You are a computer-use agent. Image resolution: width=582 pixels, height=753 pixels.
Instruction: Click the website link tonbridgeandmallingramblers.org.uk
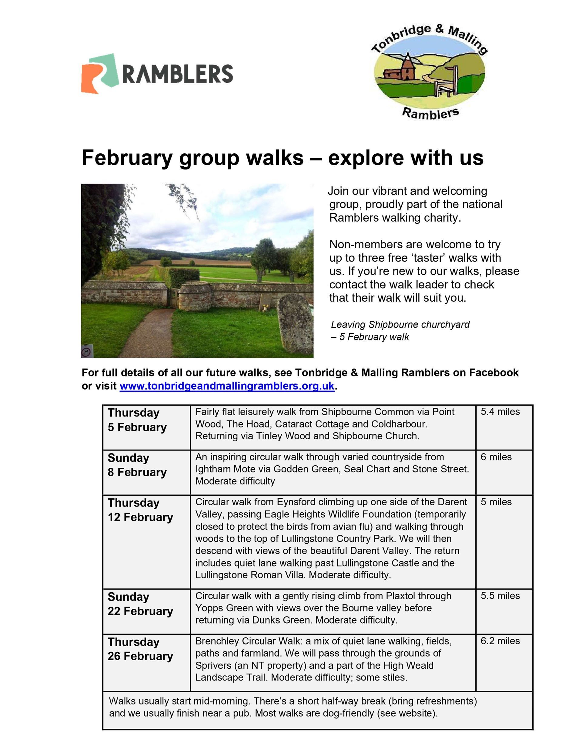click(x=227, y=386)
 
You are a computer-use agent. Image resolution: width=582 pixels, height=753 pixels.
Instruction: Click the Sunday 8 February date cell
click(x=137, y=465)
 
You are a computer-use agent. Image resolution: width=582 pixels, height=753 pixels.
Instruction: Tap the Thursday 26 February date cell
click(x=140, y=649)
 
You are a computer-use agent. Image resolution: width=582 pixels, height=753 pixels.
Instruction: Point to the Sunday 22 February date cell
click(x=140, y=604)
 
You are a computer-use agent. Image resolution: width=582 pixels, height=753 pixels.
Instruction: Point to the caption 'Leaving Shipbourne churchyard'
click(x=400, y=325)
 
